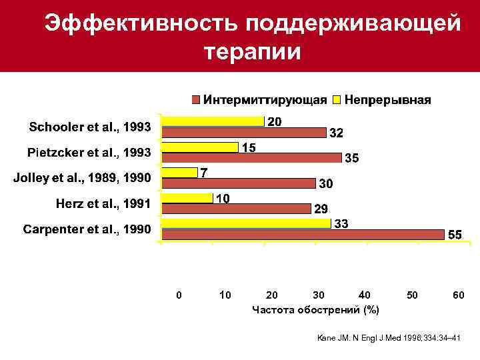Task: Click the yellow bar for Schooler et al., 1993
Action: click(x=213, y=121)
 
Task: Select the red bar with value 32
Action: click(x=244, y=131)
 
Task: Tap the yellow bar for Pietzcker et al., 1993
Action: click(x=201, y=147)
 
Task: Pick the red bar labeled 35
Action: click(x=252, y=157)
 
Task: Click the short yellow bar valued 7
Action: click(x=181, y=172)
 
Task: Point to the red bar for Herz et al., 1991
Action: click(x=237, y=208)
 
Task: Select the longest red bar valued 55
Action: click(x=303, y=234)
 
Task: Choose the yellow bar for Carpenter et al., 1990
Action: click(x=247, y=223)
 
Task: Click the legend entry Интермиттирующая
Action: click(x=259, y=100)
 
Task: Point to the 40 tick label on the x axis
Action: click(x=364, y=295)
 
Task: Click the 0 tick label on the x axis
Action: click(x=177, y=295)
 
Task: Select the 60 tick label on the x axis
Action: click(x=457, y=295)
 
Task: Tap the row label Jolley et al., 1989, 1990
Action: click(x=83, y=178)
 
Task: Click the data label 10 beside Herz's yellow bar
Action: click(x=222, y=199)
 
